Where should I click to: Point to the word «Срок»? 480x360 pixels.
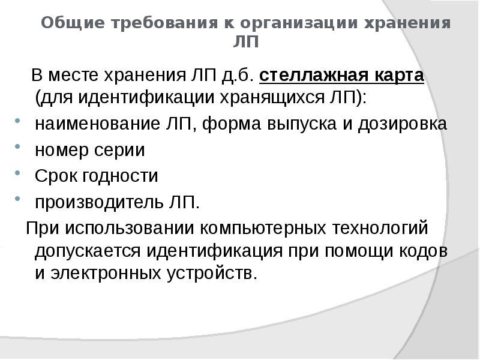pyautogui.click(x=53, y=176)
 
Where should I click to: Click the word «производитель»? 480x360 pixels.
pyautogui.click(x=95, y=203)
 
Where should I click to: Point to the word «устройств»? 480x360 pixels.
pyautogui.click(x=211, y=274)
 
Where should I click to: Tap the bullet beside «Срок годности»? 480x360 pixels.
pyautogui.click(x=19, y=172)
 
